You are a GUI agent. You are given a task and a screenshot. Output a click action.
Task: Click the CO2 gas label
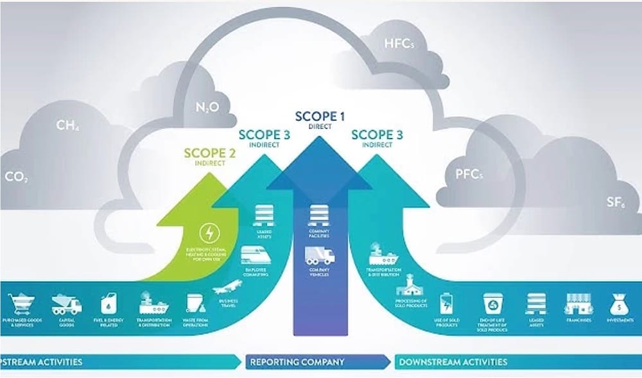17,177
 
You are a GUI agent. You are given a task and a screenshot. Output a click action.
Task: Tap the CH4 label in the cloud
68,125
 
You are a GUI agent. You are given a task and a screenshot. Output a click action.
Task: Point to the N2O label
206,108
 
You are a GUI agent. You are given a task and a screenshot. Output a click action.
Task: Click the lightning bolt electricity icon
209,231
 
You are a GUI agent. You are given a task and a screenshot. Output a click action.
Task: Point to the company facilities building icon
320,214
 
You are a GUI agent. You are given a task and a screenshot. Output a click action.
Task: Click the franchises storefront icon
577,303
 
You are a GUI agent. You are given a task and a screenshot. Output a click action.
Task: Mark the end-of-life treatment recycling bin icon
493,304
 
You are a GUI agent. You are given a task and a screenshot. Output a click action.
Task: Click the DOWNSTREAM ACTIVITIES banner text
453,361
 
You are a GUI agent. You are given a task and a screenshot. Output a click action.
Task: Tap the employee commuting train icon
255,256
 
